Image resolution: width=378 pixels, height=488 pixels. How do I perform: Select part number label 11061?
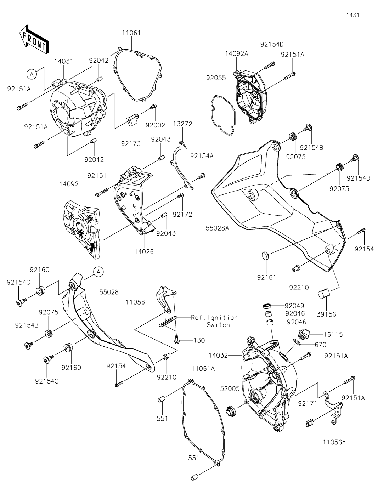tap(131, 33)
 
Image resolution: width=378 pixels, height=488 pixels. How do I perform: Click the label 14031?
tap(64, 61)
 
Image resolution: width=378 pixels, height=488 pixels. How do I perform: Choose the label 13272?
tap(182, 124)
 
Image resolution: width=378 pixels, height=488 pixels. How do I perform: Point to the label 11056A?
tap(334, 442)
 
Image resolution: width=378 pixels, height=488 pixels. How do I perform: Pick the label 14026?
tap(144, 251)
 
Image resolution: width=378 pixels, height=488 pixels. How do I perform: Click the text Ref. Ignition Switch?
tap(214, 321)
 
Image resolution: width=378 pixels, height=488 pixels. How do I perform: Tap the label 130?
tap(199, 340)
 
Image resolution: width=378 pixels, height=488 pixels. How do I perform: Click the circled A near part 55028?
tap(98, 272)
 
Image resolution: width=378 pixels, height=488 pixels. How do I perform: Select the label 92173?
tap(131, 143)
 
